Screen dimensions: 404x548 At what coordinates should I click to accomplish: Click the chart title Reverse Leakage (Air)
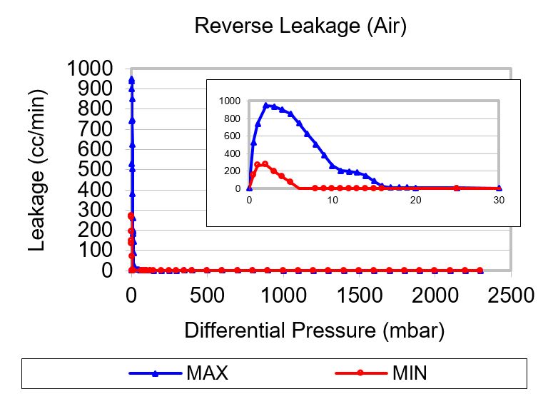pos(300,26)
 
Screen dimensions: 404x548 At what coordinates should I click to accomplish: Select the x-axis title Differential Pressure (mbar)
pos(314,330)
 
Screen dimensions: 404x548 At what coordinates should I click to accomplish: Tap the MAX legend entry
pos(207,373)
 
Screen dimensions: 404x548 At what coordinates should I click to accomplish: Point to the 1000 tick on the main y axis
pos(89,69)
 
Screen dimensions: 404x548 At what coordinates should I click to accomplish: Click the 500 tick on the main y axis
pos(96,170)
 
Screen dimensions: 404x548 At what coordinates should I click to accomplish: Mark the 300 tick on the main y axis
pos(96,211)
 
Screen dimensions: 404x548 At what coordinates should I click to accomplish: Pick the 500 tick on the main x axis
pos(207,295)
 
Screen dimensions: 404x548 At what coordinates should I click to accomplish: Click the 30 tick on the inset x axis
pos(499,201)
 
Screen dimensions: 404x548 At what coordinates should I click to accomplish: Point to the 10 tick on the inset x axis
pos(332,201)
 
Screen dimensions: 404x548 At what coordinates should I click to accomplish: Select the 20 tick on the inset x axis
pos(415,201)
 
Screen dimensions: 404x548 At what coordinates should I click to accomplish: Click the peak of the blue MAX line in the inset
pos(265,105)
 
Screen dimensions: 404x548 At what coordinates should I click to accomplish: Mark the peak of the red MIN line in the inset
pos(265,163)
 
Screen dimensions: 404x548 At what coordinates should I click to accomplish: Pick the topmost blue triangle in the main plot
pos(131,79)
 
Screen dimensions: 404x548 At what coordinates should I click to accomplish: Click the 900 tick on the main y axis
pos(96,89)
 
